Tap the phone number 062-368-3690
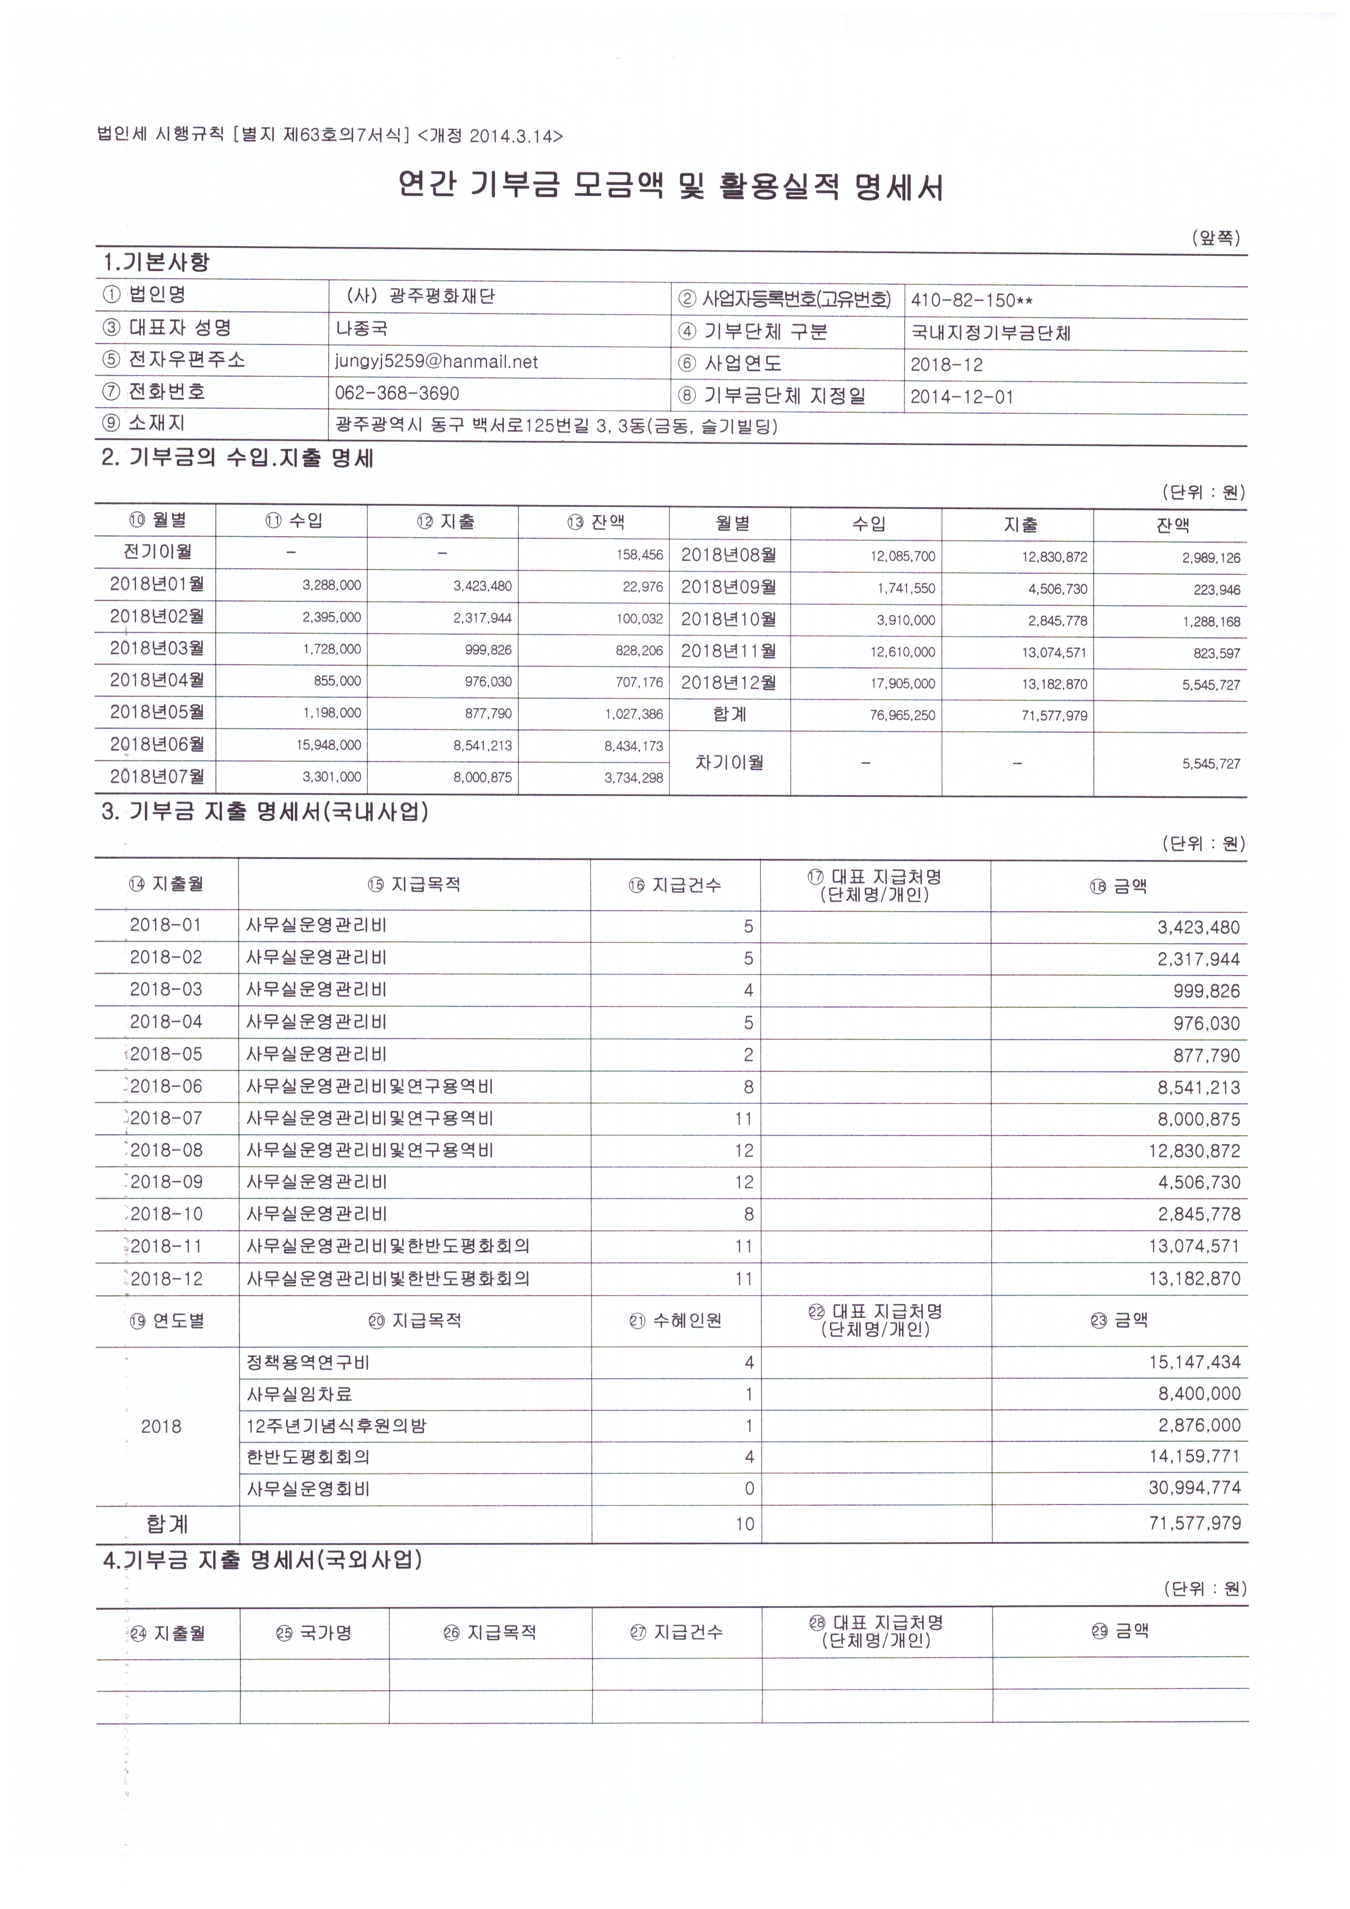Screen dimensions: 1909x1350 click(x=397, y=393)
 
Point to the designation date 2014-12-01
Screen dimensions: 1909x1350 click(x=962, y=397)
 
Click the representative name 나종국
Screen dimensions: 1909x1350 click(x=362, y=328)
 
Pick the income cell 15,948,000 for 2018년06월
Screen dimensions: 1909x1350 click(x=328, y=746)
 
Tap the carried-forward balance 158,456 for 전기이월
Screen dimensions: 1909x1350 click(x=639, y=555)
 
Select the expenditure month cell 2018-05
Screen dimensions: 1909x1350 click(x=167, y=1054)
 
